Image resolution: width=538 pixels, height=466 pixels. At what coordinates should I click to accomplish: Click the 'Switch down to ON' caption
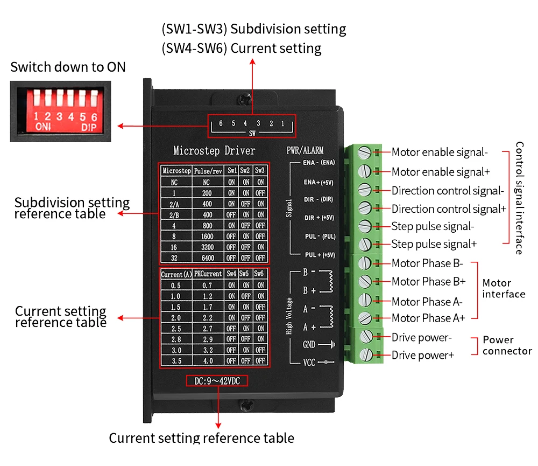[x=68, y=67]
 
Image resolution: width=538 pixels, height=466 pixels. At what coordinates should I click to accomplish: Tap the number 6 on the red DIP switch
[x=94, y=117]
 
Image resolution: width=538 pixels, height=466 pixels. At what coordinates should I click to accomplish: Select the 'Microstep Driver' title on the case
[x=214, y=150]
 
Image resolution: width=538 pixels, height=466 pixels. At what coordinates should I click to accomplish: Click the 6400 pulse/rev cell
[x=208, y=258]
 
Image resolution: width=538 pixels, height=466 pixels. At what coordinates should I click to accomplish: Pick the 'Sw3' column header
[x=260, y=170]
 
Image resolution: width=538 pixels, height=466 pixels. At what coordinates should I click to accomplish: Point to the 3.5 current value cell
[x=176, y=361]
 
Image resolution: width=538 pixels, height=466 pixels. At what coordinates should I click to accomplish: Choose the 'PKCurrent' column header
[x=208, y=274]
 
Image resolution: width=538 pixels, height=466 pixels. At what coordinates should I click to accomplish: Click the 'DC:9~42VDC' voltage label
[x=217, y=381]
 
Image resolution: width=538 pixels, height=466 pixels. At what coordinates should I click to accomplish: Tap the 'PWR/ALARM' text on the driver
[x=305, y=150]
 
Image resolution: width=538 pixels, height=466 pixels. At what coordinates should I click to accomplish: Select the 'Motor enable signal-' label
[x=440, y=152]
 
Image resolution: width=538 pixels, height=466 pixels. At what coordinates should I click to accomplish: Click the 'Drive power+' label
[x=423, y=355]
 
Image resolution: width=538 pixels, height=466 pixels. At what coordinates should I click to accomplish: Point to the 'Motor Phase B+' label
[x=429, y=281]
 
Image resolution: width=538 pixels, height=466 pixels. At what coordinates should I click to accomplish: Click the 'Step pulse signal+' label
[x=434, y=244]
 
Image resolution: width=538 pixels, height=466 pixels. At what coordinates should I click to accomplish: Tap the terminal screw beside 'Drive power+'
[x=366, y=354]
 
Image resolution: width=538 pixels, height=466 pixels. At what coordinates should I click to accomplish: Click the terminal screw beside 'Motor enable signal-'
[x=364, y=152]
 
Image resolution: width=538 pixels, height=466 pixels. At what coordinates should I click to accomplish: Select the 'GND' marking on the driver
[x=309, y=344]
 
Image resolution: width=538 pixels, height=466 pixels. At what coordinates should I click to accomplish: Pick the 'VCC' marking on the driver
[x=309, y=363]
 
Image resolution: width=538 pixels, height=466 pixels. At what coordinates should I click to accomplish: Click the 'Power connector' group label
[x=507, y=345]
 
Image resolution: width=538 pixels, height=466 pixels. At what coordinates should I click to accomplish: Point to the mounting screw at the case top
[x=245, y=100]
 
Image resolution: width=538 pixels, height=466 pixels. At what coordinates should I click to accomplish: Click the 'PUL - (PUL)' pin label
[x=320, y=237]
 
